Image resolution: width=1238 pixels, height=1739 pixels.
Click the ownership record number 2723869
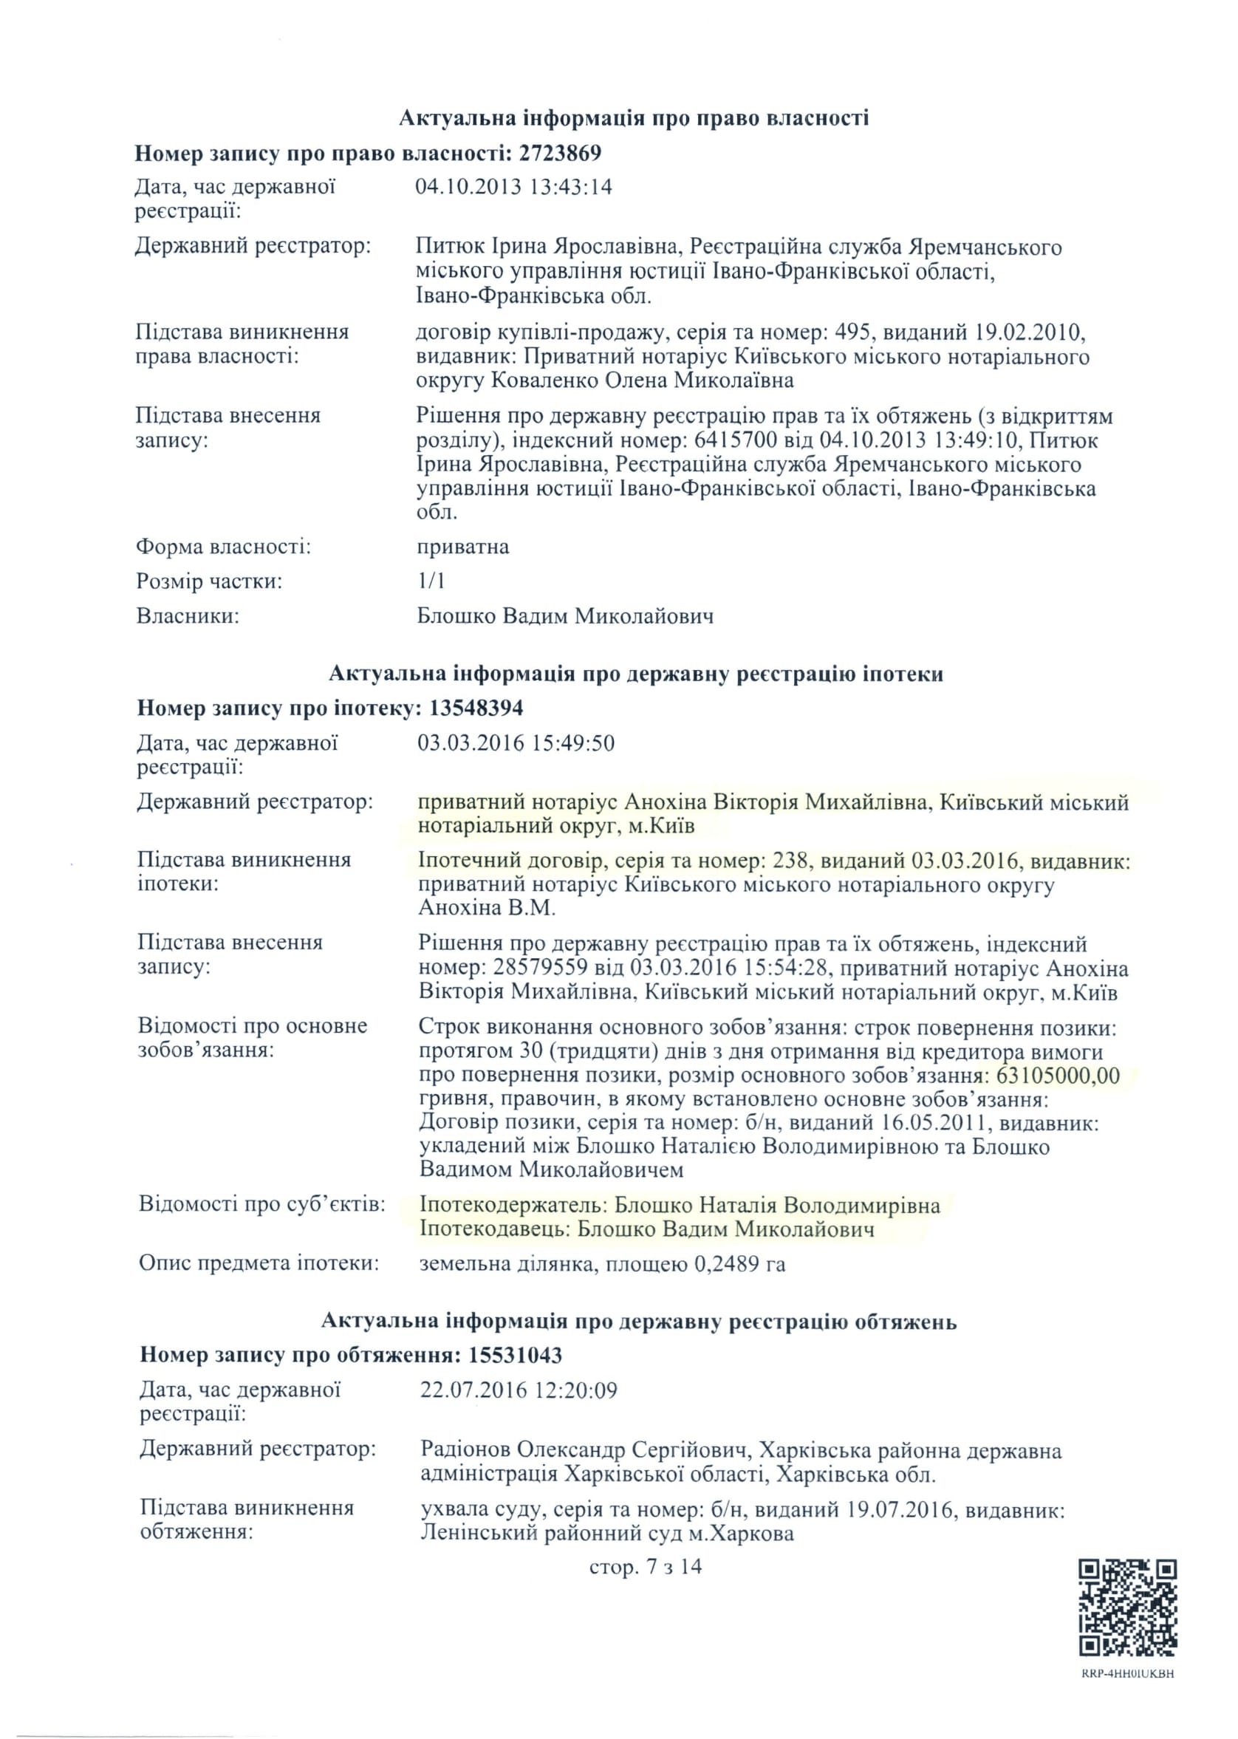point(560,153)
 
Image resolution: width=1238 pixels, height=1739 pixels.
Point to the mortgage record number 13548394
point(476,708)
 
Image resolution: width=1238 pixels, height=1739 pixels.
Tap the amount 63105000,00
point(1058,1076)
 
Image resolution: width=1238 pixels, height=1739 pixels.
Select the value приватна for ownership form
point(462,547)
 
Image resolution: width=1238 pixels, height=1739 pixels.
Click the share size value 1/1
point(431,581)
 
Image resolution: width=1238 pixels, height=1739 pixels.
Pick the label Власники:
point(188,615)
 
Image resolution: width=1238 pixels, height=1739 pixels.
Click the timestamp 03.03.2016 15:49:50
point(516,742)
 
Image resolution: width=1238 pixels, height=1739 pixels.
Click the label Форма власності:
point(222,547)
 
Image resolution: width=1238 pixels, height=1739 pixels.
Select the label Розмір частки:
point(209,581)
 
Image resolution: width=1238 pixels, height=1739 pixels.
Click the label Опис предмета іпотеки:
point(259,1263)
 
